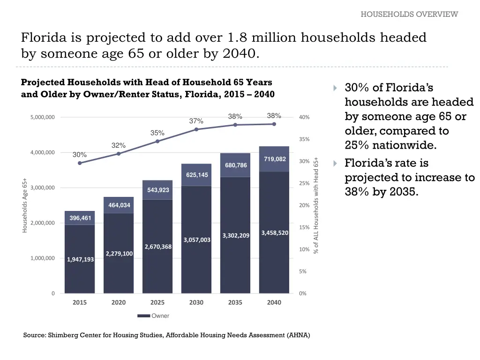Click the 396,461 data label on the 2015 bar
tap(80, 218)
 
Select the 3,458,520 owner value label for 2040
tap(275, 232)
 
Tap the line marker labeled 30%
tap(80, 163)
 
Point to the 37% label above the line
tap(196, 121)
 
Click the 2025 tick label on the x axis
tap(157, 302)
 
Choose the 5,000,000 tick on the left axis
tap(42, 117)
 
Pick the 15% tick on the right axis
tap(304, 227)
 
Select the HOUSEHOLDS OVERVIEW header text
tap(409, 14)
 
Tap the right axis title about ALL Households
tap(316, 205)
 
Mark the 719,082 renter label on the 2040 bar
tap(275, 159)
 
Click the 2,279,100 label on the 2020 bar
tap(119, 254)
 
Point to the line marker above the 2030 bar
tap(196, 129)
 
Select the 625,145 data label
tap(197, 175)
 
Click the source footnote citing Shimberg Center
tap(166, 335)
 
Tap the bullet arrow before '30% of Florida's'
tap(335, 88)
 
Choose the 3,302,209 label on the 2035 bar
tap(236, 235)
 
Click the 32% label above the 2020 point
tap(118, 145)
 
